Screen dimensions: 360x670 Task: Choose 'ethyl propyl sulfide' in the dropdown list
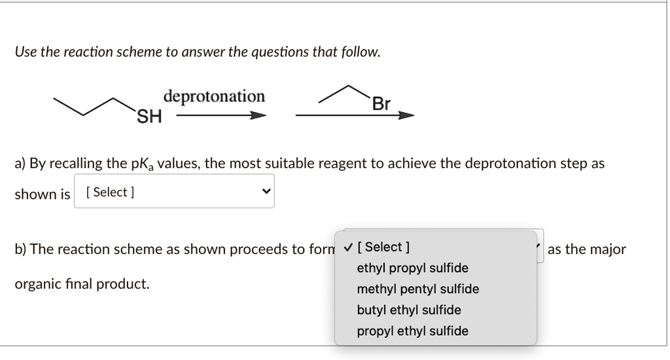click(x=412, y=268)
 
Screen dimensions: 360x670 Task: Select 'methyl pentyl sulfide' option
click(x=417, y=289)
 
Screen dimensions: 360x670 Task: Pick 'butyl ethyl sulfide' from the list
click(x=409, y=310)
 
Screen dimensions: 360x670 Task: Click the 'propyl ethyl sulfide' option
click(x=412, y=331)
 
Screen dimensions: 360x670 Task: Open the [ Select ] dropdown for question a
click(x=174, y=192)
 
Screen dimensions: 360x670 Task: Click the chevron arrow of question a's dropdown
click(x=265, y=192)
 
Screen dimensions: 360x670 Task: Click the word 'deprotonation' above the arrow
click(x=214, y=97)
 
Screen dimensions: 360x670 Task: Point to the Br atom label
click(x=381, y=104)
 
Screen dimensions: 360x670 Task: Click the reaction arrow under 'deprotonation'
click(x=220, y=116)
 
